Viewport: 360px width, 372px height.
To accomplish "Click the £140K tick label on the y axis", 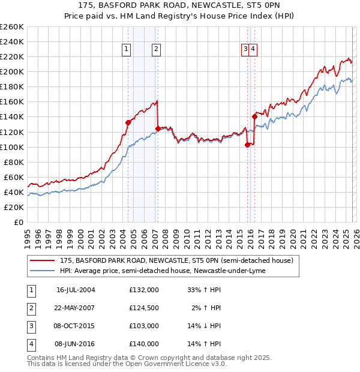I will tap(11, 117).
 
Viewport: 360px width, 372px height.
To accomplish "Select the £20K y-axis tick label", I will tap(13, 207).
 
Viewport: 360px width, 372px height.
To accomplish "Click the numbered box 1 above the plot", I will tap(127, 50).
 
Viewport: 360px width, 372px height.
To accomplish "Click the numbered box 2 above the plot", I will tap(156, 50).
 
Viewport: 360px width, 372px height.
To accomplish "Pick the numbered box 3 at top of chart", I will tap(245, 50).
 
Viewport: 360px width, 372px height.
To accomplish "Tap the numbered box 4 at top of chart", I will tap(253, 50).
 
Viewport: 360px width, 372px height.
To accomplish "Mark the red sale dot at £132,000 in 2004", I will tap(128, 122).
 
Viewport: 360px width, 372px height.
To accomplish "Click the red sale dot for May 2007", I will tap(158, 128).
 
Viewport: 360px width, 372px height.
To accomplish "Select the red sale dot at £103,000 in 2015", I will tap(247, 144).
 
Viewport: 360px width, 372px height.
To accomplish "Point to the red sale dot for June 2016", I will tap(254, 117).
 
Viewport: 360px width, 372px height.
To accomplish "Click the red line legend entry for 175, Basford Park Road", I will tap(176, 260).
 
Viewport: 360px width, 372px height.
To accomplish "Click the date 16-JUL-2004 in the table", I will tap(76, 290).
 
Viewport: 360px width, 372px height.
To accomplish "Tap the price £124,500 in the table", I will tap(143, 308).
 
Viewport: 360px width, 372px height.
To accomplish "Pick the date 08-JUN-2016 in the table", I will tap(76, 344).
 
